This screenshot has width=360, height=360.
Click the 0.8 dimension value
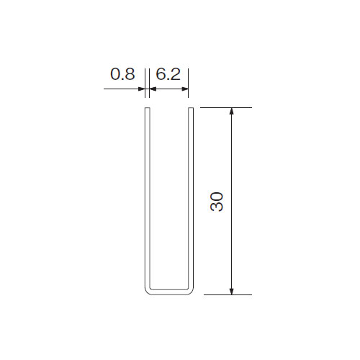click(x=122, y=74)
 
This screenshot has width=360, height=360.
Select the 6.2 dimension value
click(x=168, y=74)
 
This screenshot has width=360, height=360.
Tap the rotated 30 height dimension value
click(x=217, y=201)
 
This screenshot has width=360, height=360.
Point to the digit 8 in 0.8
click(x=130, y=74)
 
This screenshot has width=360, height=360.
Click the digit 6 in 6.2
click(x=161, y=74)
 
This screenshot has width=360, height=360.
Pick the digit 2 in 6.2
click(x=176, y=74)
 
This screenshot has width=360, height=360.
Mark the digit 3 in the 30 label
click(x=217, y=207)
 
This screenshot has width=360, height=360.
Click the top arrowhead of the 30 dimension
click(x=231, y=112)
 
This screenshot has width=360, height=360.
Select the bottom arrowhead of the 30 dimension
click(x=231, y=291)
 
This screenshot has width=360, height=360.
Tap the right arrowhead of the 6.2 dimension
click(x=184, y=89)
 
